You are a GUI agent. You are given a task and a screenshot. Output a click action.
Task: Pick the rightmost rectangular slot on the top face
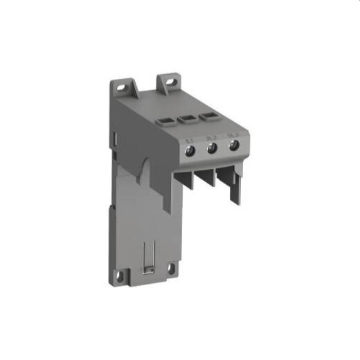click(209, 116)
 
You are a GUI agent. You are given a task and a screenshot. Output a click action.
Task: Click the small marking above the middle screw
click(210, 136)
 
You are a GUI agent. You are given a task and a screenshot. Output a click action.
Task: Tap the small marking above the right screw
click(231, 134)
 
